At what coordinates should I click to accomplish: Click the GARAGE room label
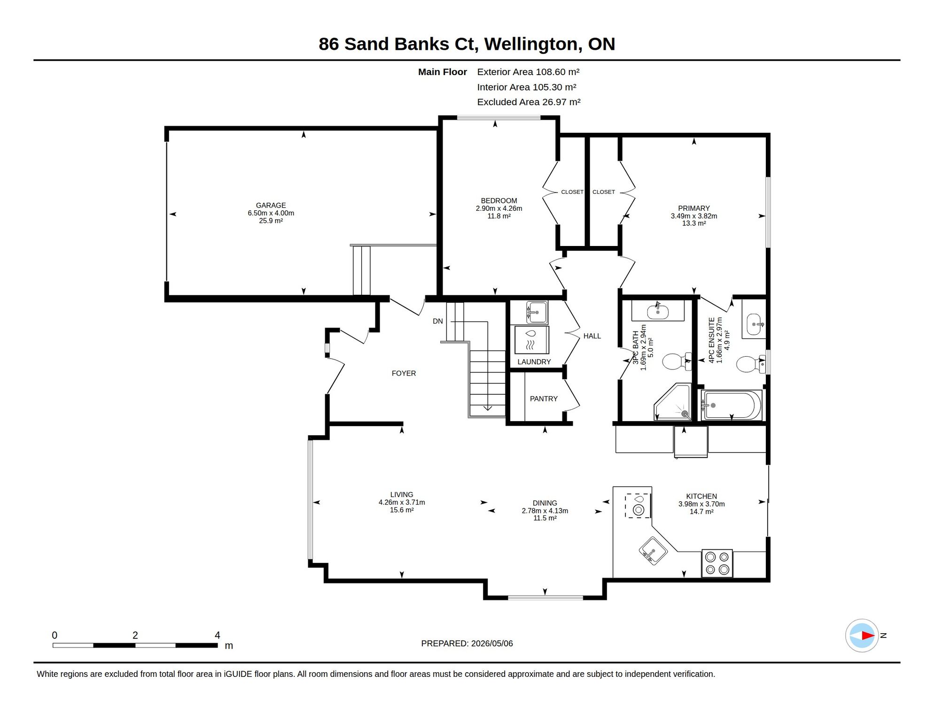271,205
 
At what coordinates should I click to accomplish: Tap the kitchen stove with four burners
717,563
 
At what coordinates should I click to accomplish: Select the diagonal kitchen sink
653,551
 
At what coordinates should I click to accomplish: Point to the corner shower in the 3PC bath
673,402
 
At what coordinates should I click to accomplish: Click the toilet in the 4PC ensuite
751,364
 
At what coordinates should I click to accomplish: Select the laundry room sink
536,312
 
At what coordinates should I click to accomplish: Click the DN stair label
437,322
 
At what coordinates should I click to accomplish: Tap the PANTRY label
544,399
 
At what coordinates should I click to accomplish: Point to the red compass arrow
868,636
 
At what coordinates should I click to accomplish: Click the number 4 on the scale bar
218,635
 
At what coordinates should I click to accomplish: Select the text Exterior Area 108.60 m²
528,72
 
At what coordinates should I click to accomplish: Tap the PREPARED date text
467,644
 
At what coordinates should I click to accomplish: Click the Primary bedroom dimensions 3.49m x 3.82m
694,216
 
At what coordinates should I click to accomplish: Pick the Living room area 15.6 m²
402,510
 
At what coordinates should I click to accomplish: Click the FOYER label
404,374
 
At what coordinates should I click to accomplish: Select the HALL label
592,336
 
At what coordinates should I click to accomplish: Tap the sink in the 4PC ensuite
754,324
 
